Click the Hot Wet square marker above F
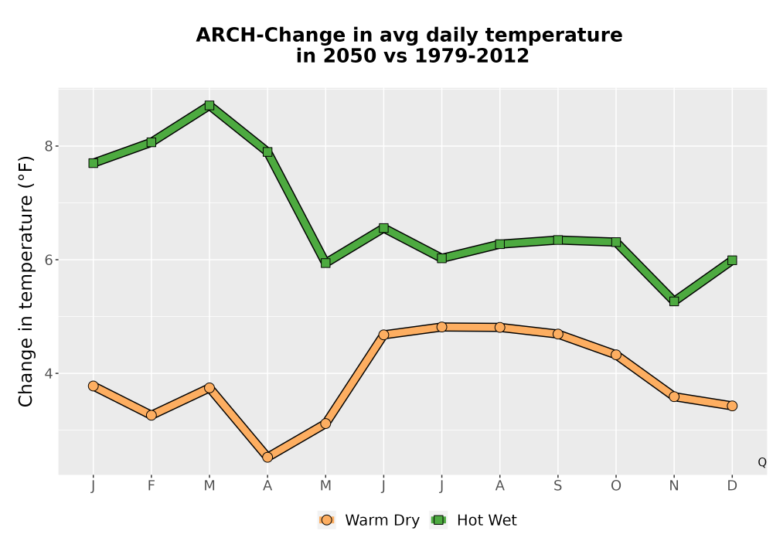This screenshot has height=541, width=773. [x=152, y=142]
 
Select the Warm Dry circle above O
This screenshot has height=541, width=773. [x=616, y=355]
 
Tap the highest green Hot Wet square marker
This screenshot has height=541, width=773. [x=209, y=105]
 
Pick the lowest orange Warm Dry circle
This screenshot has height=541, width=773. [x=267, y=458]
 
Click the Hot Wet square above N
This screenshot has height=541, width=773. [x=674, y=301]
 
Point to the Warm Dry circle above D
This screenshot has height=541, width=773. [x=732, y=406]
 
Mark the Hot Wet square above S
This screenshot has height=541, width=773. [x=557, y=240]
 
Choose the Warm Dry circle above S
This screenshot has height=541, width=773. [x=557, y=334]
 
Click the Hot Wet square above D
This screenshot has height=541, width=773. [x=732, y=260]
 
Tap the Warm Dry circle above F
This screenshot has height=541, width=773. [x=152, y=415]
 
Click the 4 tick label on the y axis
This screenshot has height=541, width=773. [x=49, y=373]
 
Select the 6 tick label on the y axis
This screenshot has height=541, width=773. [x=49, y=260]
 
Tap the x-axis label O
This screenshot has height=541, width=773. [x=616, y=486]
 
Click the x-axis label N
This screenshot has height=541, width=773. [x=674, y=486]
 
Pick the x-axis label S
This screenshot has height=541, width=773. [x=557, y=486]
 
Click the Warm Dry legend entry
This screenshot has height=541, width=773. [x=369, y=520]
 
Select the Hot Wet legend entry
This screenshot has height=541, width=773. [x=474, y=520]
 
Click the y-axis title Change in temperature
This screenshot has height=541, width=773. [x=26, y=281]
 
